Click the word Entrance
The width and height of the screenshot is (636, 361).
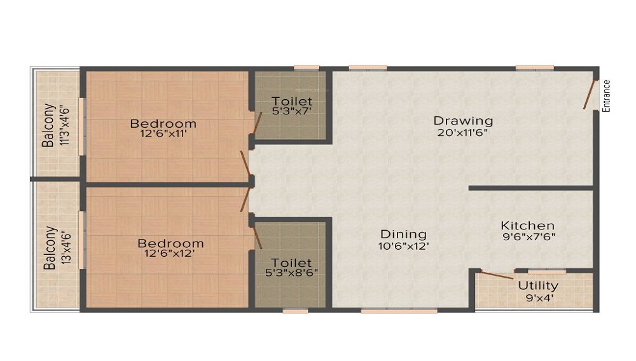pyautogui.click(x=607, y=95)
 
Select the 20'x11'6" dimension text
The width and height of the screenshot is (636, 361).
pyautogui.click(x=463, y=133)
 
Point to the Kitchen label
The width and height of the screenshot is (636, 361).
pyautogui.click(x=527, y=226)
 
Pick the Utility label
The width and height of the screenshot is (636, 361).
pyautogui.click(x=538, y=285)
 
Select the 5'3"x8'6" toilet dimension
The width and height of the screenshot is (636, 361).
pyautogui.click(x=292, y=273)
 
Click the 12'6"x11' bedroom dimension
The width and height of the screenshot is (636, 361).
pyautogui.click(x=163, y=134)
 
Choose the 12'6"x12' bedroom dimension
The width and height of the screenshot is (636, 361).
pyautogui.click(x=170, y=254)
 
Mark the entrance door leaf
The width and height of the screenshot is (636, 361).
pyautogui.click(x=590, y=95)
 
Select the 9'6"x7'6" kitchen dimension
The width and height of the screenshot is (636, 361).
pyautogui.click(x=527, y=237)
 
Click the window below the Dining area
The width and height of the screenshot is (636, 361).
pyautogui.click(x=399, y=311)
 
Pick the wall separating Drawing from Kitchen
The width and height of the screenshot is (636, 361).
pyautogui.click(x=531, y=188)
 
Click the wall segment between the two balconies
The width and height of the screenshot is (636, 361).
pyautogui.click(x=55, y=180)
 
